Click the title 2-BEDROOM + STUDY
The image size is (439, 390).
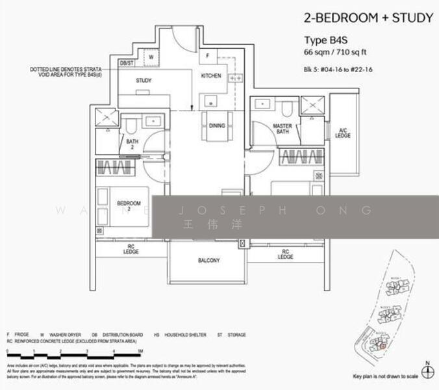(x=368, y=18)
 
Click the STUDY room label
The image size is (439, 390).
(x=144, y=81)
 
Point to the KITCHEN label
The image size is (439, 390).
(x=211, y=76)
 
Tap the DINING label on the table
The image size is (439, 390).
(x=217, y=127)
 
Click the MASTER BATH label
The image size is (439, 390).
(x=282, y=129)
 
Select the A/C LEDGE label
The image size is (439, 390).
(x=343, y=133)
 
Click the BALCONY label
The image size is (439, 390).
(x=208, y=261)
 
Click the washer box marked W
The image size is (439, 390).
(x=151, y=57)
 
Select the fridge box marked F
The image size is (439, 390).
(x=207, y=57)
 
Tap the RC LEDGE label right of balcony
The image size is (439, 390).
(x=285, y=253)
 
